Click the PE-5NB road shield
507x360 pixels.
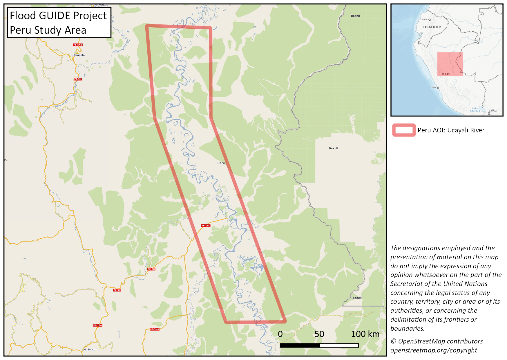click(78, 45)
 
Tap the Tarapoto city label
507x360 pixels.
click(79, 55)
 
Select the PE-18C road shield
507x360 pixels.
click(206, 226)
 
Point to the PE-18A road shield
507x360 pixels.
click(97, 325)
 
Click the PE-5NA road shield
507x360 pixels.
click(155, 329)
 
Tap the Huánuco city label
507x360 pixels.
click(89, 349)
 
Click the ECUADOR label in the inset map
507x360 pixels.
click(432, 27)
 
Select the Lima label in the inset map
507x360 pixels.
click(433, 87)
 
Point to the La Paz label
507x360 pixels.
click(492, 111)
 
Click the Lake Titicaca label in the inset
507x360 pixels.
click(475, 109)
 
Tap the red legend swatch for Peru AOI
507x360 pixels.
click(404, 130)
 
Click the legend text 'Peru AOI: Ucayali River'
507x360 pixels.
click(451, 130)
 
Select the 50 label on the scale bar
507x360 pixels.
click(319, 334)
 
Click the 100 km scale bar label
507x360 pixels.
click(365, 334)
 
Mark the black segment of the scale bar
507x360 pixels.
click(300, 345)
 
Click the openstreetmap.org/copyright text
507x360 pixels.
click(433, 350)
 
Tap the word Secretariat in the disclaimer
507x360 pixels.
click(410, 284)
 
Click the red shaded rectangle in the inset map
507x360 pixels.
click(450, 64)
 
